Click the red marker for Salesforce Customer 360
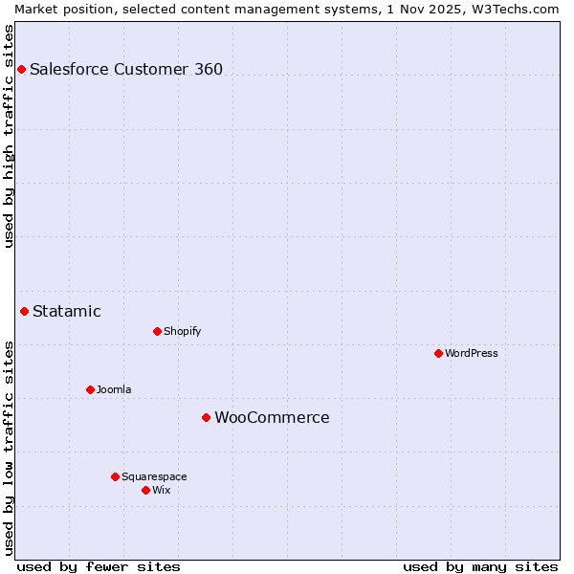(21, 69)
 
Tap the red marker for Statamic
(25, 311)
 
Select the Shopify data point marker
(157, 331)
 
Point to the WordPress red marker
(438, 353)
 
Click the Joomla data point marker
(90, 389)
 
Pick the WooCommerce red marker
(206, 417)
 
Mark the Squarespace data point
(115, 476)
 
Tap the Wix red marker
(145, 490)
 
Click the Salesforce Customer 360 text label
(126, 69)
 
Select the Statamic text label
(67, 311)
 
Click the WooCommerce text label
(272, 417)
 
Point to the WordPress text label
(472, 353)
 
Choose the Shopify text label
(182, 331)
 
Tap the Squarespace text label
(154, 476)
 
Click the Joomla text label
(114, 389)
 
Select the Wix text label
(161, 490)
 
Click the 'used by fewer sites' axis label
(99, 566)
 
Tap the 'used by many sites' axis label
(480, 566)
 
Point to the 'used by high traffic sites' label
(9, 136)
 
